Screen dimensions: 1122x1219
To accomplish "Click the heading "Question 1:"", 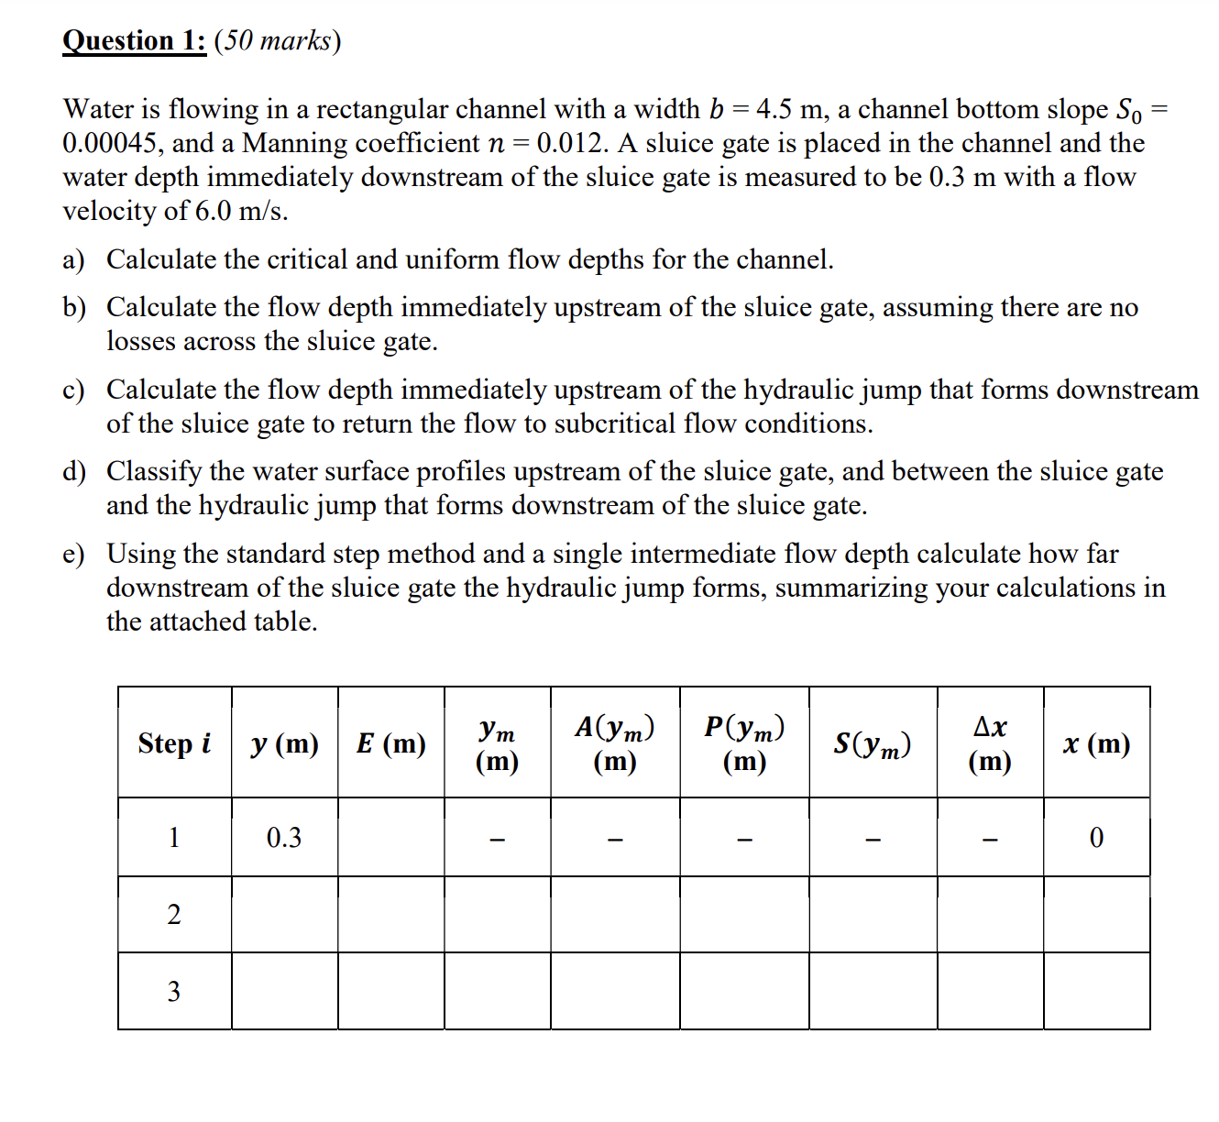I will [x=134, y=41].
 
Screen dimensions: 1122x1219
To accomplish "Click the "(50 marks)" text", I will [x=277, y=41].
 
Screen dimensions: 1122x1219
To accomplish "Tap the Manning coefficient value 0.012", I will [x=572, y=144].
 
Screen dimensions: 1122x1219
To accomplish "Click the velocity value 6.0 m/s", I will [x=241, y=211].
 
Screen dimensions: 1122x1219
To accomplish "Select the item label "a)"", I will [x=73, y=260].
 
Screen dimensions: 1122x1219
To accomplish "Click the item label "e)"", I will [x=73, y=555].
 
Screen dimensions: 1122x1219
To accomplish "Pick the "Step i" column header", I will [x=174, y=743].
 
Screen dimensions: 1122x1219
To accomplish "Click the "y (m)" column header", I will [x=284, y=743].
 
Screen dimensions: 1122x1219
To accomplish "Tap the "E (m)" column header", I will [x=391, y=743].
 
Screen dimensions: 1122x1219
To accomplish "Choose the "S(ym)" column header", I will [x=873, y=743].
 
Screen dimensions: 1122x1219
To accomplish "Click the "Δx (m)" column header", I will [x=990, y=743].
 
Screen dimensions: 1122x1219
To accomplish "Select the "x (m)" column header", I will [x=1096, y=743].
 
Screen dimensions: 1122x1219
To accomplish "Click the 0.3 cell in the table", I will [x=284, y=838].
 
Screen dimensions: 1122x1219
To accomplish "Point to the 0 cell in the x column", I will [x=1096, y=838].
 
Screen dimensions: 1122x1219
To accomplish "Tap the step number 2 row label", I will [x=174, y=915].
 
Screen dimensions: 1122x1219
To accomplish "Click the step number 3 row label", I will [x=174, y=992].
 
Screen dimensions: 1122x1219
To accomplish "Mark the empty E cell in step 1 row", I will [x=391, y=838].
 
